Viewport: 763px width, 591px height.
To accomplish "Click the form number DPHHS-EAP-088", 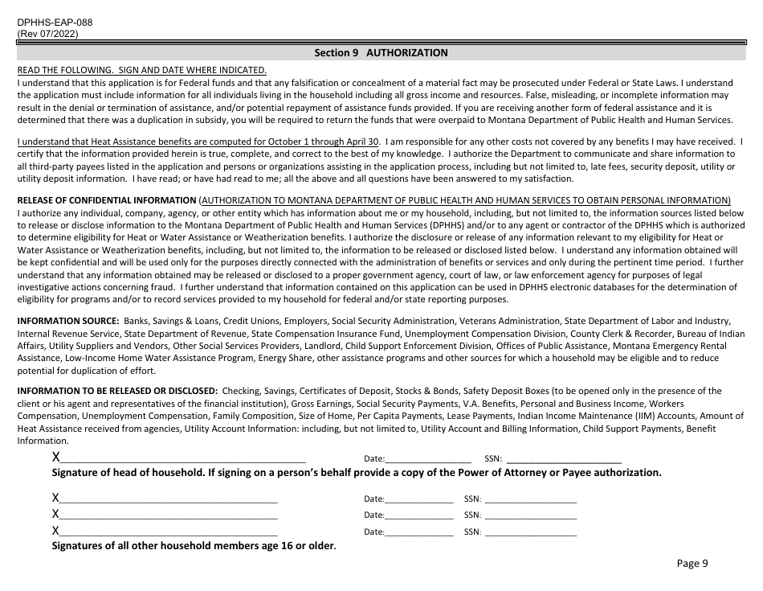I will point(55,22).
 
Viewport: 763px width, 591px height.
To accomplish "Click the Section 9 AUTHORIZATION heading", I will point(381,53).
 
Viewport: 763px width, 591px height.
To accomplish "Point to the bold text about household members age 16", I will point(194,546).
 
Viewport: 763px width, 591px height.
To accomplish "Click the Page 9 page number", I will point(692,564).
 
